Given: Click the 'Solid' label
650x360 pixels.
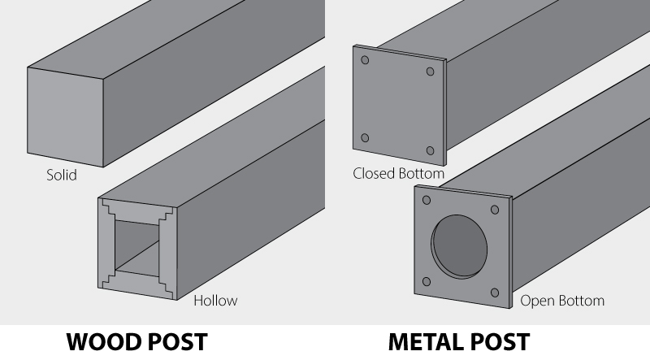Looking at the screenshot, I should pyautogui.click(x=62, y=175).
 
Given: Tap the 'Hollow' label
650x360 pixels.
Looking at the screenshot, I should pyautogui.click(x=215, y=301).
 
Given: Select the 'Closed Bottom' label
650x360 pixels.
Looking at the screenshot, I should pyautogui.click(x=398, y=174).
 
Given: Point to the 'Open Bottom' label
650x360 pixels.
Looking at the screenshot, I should pyautogui.click(x=562, y=301).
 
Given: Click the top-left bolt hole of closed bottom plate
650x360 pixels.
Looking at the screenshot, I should pyautogui.click(x=366, y=61).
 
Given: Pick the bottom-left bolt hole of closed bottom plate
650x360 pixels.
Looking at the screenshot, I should pyautogui.click(x=365, y=138).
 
